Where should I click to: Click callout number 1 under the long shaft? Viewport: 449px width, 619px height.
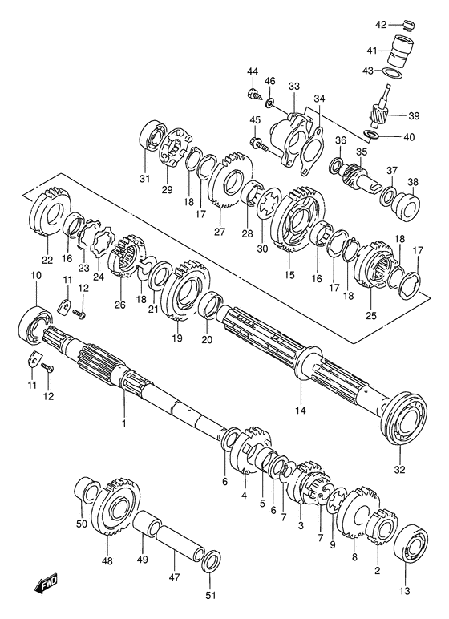pos(124,421)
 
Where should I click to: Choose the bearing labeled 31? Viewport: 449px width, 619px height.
pos(151,137)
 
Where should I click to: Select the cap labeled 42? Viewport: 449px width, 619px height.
pos(408,26)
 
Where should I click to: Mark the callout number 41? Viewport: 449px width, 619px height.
pos(371,50)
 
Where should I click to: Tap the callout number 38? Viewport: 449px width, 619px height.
pos(413,181)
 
